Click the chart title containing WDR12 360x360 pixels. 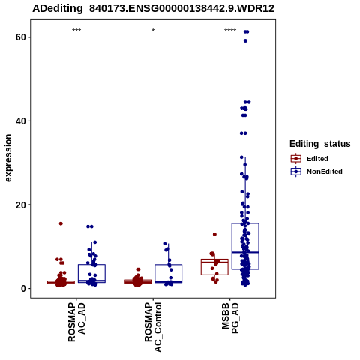click(153, 8)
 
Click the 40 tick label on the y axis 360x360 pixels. click(21, 121)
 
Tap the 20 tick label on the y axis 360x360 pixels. click(21, 205)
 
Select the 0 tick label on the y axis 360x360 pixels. click(24, 289)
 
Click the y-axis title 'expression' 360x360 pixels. click(8, 158)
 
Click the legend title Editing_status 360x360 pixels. click(320, 144)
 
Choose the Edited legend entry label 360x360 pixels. click(317, 159)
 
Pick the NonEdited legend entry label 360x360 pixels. click(325, 172)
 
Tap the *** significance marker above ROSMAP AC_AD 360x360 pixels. click(76, 31)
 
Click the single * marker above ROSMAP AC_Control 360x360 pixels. click(153, 31)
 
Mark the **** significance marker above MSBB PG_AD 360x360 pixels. click(230, 31)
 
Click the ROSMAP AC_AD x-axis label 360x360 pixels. click(76, 322)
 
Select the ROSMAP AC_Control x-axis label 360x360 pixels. click(153, 327)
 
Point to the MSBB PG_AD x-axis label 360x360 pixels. click(230, 318)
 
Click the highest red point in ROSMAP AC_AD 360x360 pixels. click(61, 223)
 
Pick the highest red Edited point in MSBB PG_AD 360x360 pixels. click(214, 234)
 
